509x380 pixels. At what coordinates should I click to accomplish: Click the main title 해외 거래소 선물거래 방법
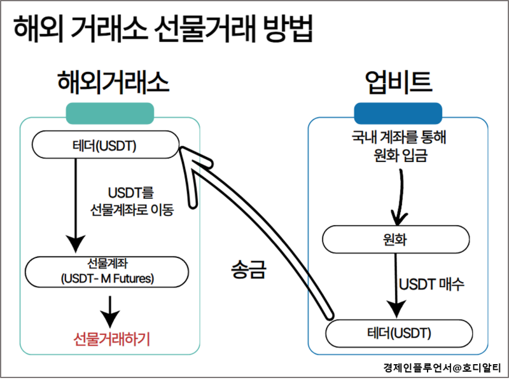pyautogui.click(x=164, y=29)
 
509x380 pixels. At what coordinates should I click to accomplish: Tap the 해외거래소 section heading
pyautogui.click(x=109, y=82)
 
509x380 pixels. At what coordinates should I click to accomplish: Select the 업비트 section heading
pyautogui.click(x=399, y=82)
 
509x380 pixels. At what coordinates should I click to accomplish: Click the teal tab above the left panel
pyautogui.click(x=110, y=112)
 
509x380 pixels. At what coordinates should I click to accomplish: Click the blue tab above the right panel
pyautogui.click(x=398, y=112)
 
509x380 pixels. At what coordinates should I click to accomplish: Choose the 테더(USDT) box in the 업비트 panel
pyautogui.click(x=399, y=333)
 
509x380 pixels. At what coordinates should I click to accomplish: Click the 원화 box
pyautogui.click(x=396, y=240)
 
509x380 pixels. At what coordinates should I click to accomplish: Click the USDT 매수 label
pyautogui.click(x=432, y=283)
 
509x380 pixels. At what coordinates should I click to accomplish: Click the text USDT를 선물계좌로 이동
pyautogui.click(x=132, y=200)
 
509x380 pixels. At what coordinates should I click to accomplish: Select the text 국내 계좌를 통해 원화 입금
pyautogui.click(x=396, y=144)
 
